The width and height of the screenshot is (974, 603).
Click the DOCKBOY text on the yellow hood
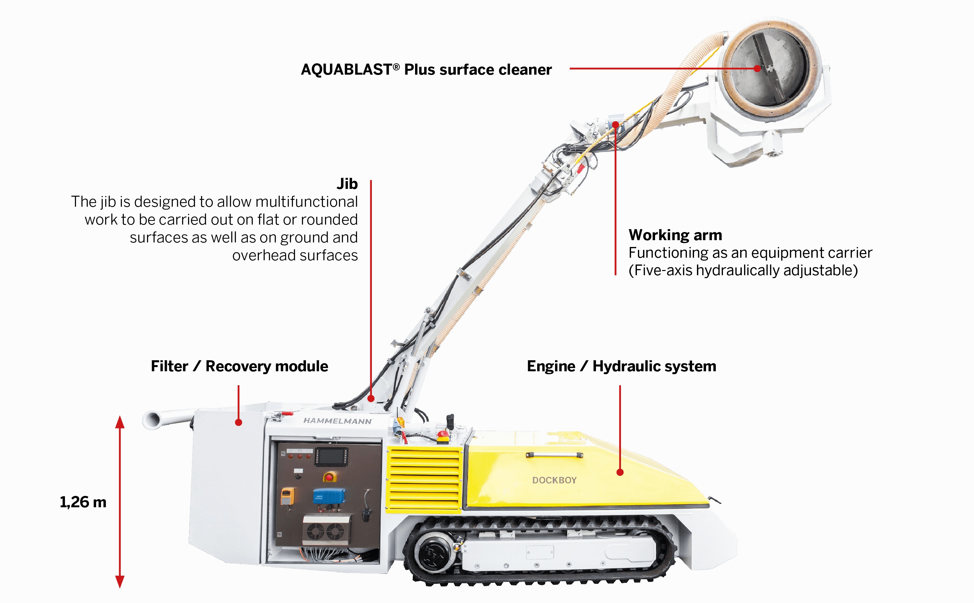click(x=554, y=480)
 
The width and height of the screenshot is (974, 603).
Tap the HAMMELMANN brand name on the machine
click(x=337, y=421)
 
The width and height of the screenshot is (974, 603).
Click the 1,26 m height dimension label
click(x=83, y=502)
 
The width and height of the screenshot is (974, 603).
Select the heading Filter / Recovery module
click(x=239, y=366)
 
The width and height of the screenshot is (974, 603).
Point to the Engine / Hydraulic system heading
click(x=621, y=366)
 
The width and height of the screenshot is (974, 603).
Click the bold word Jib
click(x=347, y=184)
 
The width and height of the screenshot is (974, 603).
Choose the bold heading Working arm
click(x=675, y=235)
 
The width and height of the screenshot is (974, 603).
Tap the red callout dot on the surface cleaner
click(x=757, y=68)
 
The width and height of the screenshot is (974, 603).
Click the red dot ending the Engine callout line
click(x=620, y=472)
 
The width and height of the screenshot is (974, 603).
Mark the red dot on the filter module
click(x=239, y=422)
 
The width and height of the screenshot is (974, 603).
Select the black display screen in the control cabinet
click(x=332, y=456)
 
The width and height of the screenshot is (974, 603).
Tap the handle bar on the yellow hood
click(x=554, y=455)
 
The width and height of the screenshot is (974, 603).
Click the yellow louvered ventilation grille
click(x=424, y=479)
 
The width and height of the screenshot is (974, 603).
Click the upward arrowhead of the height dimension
click(x=120, y=422)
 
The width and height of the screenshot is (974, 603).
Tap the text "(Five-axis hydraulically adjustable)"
click(x=743, y=270)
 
